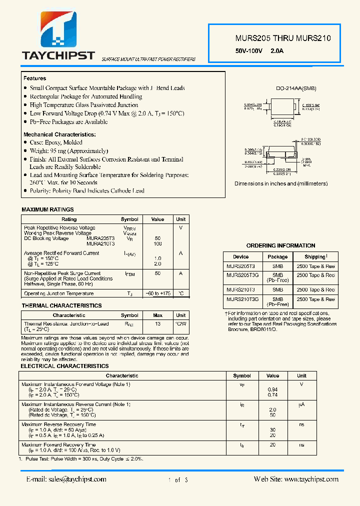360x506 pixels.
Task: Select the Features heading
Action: pyautogui.click(x=34, y=78)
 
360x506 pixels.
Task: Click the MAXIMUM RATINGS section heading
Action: pyautogui.click(x=47, y=209)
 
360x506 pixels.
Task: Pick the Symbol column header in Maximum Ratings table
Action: pyautogui.click(x=129, y=219)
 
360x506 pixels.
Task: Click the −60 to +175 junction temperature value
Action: pyautogui.click(x=157, y=294)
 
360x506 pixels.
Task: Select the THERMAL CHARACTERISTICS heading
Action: pyautogui.click(x=61, y=305)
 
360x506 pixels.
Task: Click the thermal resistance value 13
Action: pyautogui.click(x=157, y=324)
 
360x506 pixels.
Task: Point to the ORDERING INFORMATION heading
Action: pyautogui.click(x=280, y=245)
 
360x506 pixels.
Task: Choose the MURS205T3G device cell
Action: pyautogui.click(x=242, y=275)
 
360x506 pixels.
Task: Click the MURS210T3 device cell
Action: pyautogui.click(x=240, y=290)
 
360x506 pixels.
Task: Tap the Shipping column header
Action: pyautogui.click(x=315, y=256)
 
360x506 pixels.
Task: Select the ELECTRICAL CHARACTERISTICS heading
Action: pyautogui.click(x=64, y=366)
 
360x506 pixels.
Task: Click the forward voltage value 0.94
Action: pyautogui.click(x=272, y=389)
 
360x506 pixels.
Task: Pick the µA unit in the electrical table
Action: pyautogui.click(x=301, y=404)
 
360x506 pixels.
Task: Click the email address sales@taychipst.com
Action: pyautogui.click(x=66, y=479)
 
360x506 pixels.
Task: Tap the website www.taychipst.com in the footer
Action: pyautogui.click(x=296, y=479)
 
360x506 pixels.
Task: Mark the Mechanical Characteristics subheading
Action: pyautogui.click(x=59, y=135)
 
